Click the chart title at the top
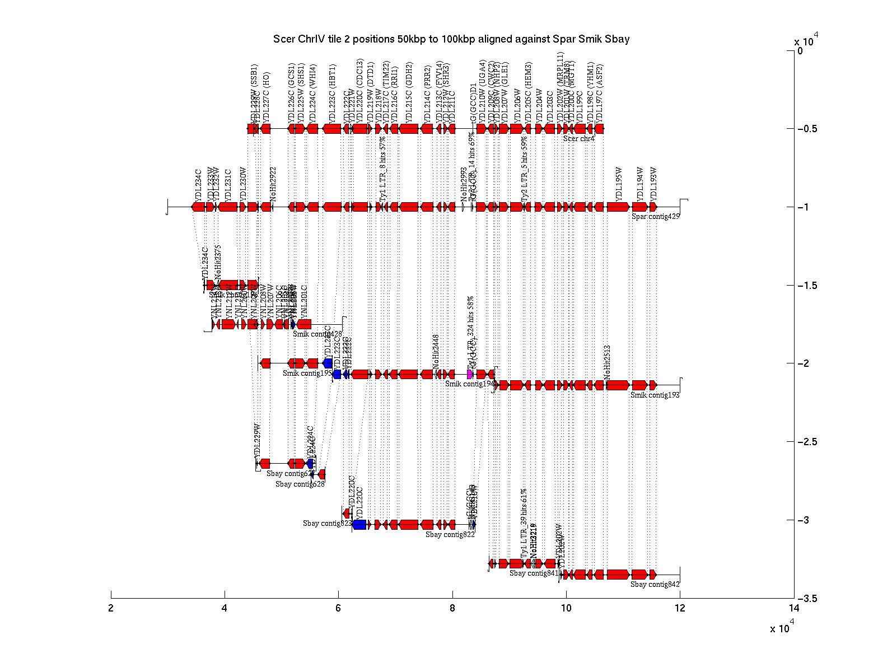[x=451, y=39]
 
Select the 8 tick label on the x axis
[x=452, y=609]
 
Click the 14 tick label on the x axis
[x=793, y=609]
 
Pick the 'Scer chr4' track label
[x=579, y=138]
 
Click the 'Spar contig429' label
[x=655, y=216]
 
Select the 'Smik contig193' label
[x=655, y=395]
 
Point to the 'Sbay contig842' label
[x=655, y=585]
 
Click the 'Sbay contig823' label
[x=327, y=524]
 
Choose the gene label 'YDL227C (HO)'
[x=267, y=96]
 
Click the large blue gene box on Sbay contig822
[x=359, y=525]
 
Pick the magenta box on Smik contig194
[x=470, y=374]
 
